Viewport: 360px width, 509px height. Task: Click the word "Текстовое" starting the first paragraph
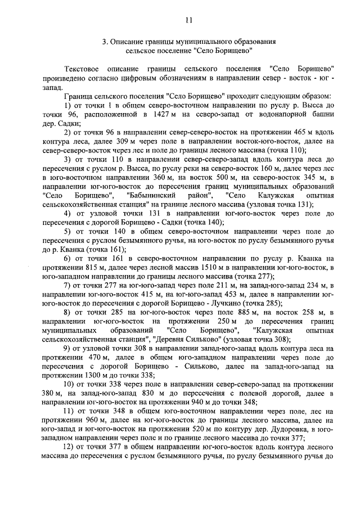point(84,67)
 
